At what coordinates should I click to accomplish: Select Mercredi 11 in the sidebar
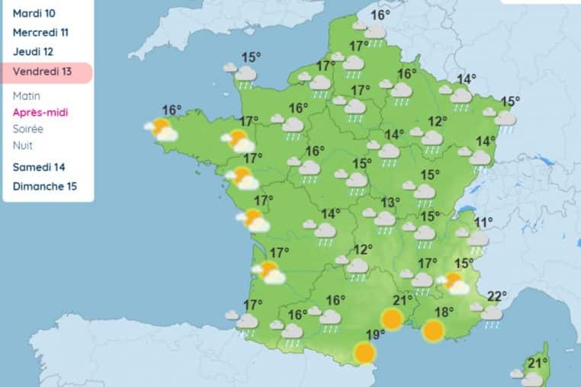pyautogui.click(x=41, y=33)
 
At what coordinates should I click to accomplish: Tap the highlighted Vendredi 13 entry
pyautogui.click(x=42, y=72)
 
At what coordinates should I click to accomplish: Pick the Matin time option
pyautogui.click(x=27, y=96)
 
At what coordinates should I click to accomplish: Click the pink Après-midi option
pyautogui.click(x=40, y=113)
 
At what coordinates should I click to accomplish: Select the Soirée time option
pyautogui.click(x=28, y=129)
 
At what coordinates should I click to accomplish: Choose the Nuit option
pyautogui.click(x=23, y=146)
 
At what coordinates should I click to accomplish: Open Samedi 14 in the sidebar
pyautogui.click(x=38, y=167)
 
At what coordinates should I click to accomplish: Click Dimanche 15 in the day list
pyautogui.click(x=44, y=186)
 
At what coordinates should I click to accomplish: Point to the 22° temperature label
pyautogui.click(x=497, y=296)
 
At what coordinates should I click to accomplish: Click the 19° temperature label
pyautogui.click(x=374, y=334)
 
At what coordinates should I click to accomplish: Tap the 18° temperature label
pyautogui.click(x=445, y=311)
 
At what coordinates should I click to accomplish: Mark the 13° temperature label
pyautogui.click(x=391, y=202)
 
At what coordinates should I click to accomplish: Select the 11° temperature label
pyautogui.click(x=483, y=222)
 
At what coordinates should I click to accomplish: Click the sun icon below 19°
pyautogui.click(x=365, y=353)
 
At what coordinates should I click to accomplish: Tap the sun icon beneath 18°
pyautogui.click(x=433, y=331)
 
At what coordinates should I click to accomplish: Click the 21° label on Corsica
pyautogui.click(x=538, y=362)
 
